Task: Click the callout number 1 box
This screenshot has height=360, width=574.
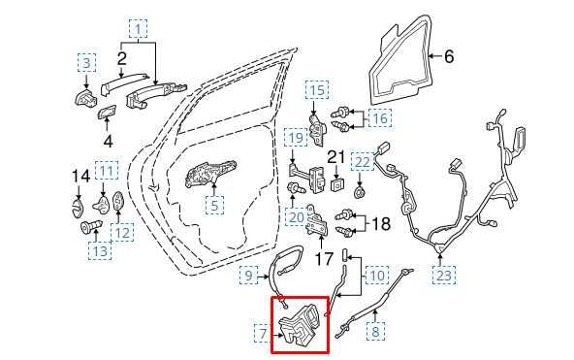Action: [138, 29]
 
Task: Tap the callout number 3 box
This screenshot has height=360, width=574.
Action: [86, 63]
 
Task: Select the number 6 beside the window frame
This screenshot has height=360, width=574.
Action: [449, 56]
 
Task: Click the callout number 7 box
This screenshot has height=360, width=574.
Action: [263, 333]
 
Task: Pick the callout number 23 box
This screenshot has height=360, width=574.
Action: [444, 275]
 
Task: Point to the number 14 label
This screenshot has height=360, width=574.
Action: [80, 177]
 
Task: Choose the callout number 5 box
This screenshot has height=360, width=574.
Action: [214, 206]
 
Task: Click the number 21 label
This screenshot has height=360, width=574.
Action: [336, 157]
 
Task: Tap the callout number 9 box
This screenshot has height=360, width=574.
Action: [248, 275]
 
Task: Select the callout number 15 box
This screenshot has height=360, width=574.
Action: [317, 89]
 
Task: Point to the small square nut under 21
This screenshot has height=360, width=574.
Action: [336, 185]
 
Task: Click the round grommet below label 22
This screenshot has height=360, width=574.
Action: [361, 191]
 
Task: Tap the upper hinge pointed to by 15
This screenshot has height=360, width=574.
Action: [317, 130]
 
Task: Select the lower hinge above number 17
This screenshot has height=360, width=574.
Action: [315, 222]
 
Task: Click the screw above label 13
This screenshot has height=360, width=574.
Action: [91, 226]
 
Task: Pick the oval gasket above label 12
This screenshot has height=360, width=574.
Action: [118, 202]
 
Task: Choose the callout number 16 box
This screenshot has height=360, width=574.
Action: [380, 118]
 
